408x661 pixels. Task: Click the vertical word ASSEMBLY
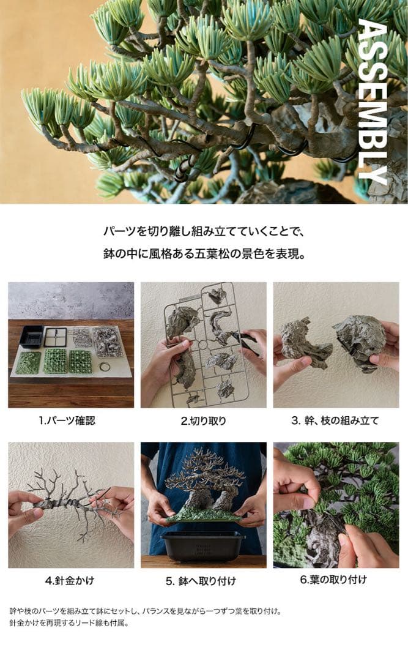372,101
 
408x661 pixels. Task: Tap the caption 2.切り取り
203,420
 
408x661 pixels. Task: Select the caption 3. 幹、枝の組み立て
335,420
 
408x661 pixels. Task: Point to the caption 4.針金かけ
70,580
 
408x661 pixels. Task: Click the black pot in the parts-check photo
31,336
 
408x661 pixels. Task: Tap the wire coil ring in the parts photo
105,367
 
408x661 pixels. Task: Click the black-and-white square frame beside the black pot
56,337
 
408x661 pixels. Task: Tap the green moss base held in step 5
202,515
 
